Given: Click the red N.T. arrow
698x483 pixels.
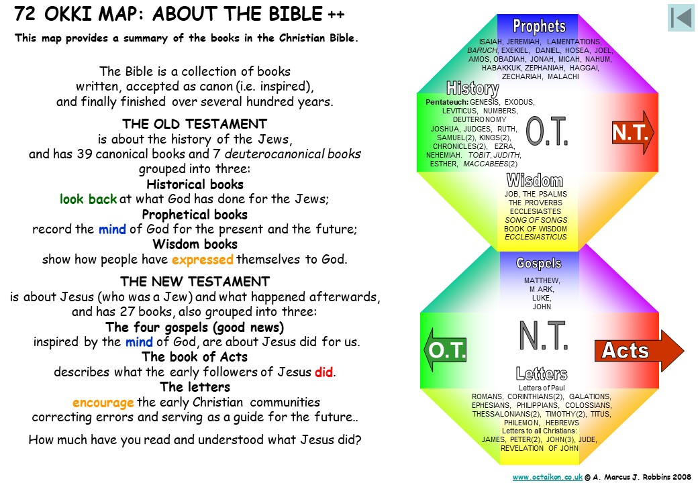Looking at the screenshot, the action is (632, 132).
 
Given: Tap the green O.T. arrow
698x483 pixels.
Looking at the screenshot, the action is (445, 350).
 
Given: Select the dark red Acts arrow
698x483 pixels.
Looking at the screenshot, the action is (639, 350).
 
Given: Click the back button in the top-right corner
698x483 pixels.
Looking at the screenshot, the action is (681, 18).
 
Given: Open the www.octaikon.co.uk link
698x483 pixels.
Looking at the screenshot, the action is (548, 477).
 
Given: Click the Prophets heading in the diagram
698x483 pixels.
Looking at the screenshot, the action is (539, 26).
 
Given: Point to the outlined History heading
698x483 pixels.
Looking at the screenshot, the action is (472, 88).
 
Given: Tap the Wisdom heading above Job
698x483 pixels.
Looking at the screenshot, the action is (535, 180).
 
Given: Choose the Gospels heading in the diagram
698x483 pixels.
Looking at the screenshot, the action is (539, 263).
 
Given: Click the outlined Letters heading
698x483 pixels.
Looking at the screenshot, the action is (542, 374).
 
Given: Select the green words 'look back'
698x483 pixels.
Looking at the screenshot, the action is (88, 199).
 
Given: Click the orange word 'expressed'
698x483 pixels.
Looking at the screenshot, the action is (203, 260).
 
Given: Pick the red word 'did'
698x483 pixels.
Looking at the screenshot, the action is (323, 372).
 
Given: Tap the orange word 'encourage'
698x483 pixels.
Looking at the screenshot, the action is (103, 402).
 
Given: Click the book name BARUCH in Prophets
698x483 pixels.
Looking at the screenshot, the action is (483, 50).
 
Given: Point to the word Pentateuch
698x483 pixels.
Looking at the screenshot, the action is (447, 102).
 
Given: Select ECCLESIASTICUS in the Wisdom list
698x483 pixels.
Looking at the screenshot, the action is (536, 237).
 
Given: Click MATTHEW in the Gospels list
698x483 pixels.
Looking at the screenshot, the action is (542, 280).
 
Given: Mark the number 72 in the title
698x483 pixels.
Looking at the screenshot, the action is (24, 14).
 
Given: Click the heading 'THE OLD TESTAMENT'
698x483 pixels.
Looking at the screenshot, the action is (195, 123).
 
